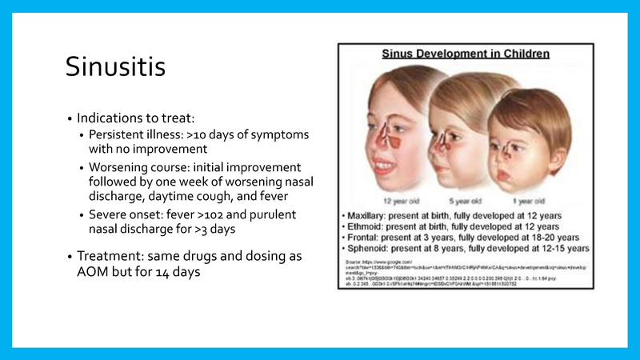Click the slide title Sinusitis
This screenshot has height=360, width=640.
(115, 67)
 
